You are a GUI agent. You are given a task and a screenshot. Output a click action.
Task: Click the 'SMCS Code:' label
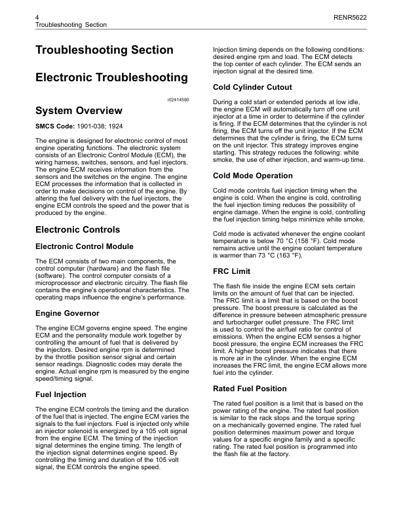[x=54, y=125]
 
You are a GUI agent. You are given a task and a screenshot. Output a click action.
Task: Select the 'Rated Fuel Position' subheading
[x=250, y=389]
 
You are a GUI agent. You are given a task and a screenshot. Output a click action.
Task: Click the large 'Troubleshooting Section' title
[x=104, y=50]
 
